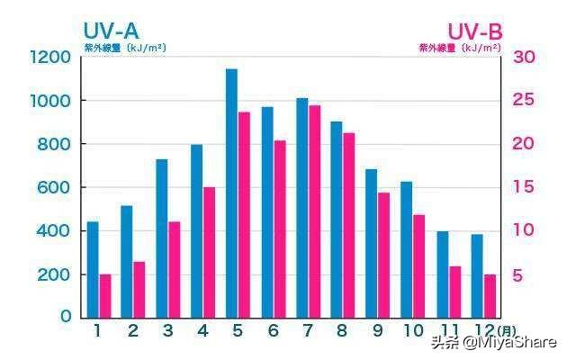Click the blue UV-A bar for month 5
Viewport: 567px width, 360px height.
click(231, 193)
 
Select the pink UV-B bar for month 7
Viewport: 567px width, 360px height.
click(315, 211)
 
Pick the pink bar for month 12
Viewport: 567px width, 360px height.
click(490, 295)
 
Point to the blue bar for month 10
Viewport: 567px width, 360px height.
click(407, 249)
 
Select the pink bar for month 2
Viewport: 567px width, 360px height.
click(139, 289)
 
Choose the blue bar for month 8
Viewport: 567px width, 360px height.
click(337, 219)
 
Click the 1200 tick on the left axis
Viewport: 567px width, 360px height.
click(49, 58)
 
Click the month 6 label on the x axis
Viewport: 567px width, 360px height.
click(273, 331)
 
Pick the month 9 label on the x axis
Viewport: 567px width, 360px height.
click(377, 331)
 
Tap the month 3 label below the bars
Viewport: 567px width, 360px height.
click(168, 331)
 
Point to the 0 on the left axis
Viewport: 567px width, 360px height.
click(65, 317)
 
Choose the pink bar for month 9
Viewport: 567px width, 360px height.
click(384, 255)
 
